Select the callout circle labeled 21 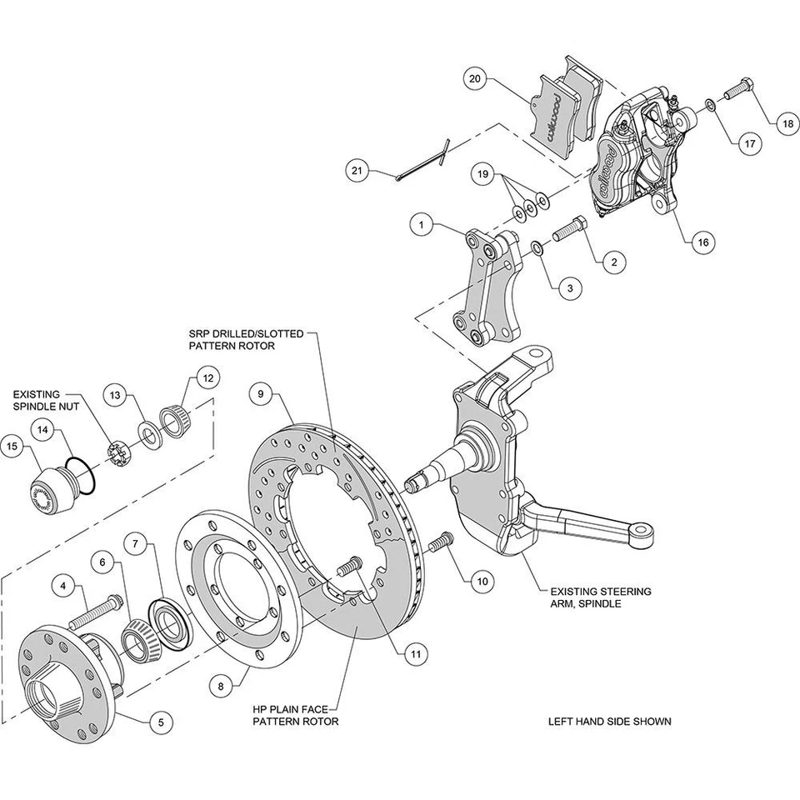357,171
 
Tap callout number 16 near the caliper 702,242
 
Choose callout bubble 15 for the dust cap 13,447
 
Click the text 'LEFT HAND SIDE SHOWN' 609,722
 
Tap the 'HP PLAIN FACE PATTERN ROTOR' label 296,715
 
